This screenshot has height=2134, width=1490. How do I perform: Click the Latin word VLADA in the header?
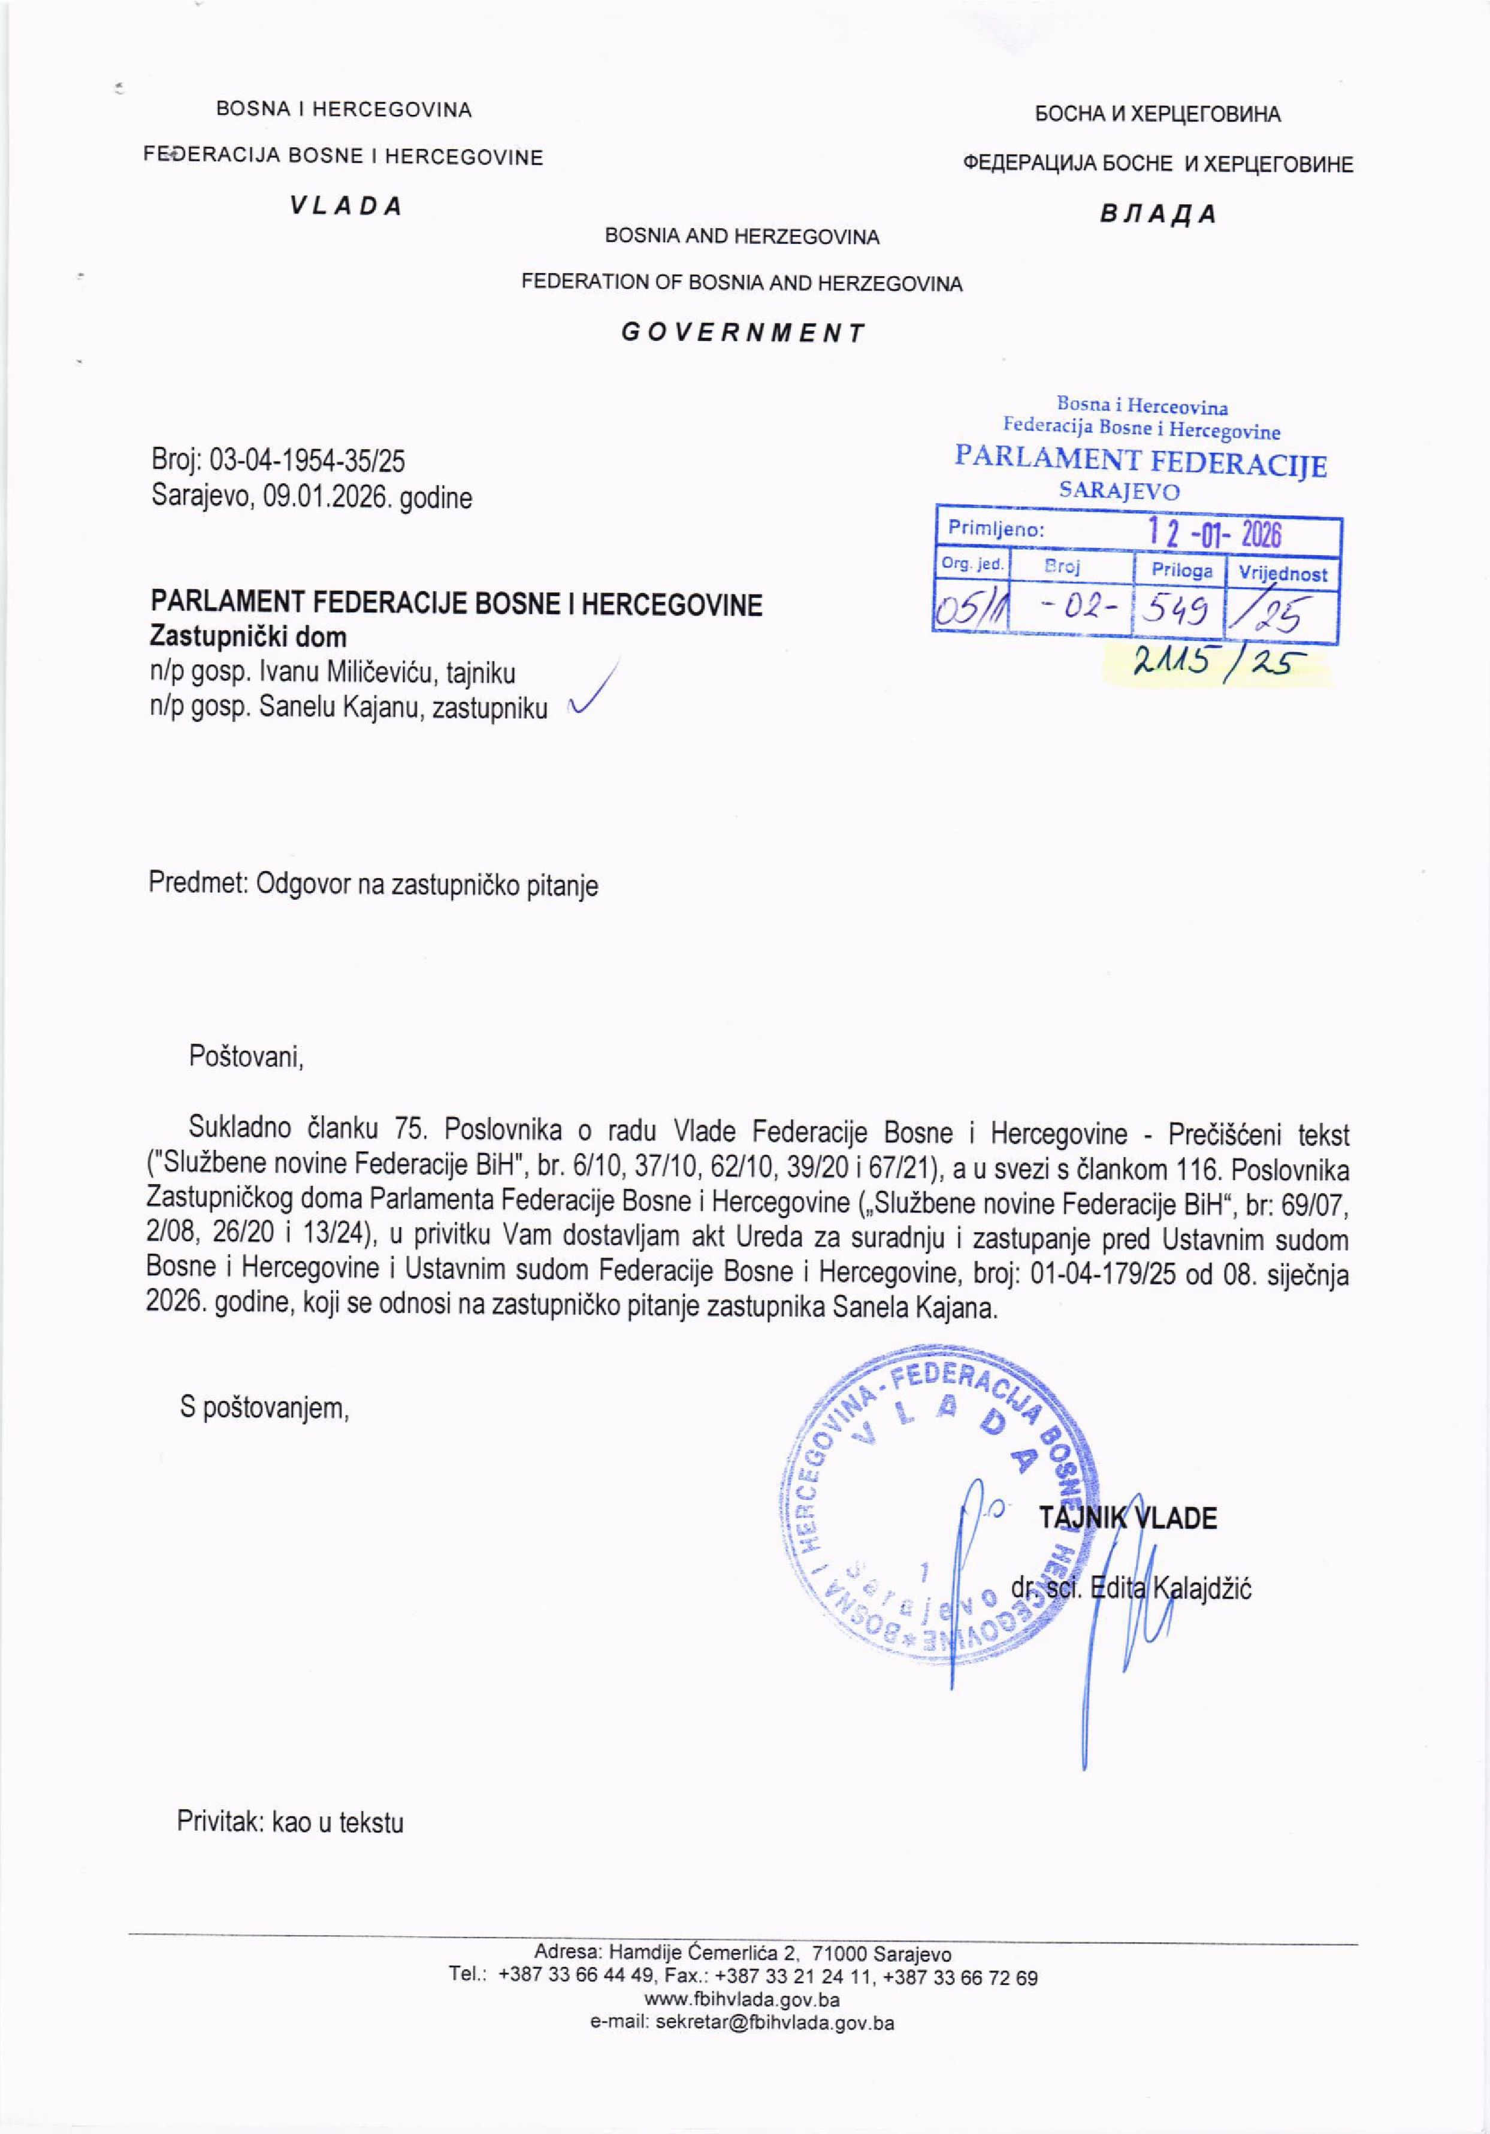[x=345, y=207]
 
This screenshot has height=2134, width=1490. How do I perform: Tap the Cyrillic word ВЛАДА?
[x=1157, y=214]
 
